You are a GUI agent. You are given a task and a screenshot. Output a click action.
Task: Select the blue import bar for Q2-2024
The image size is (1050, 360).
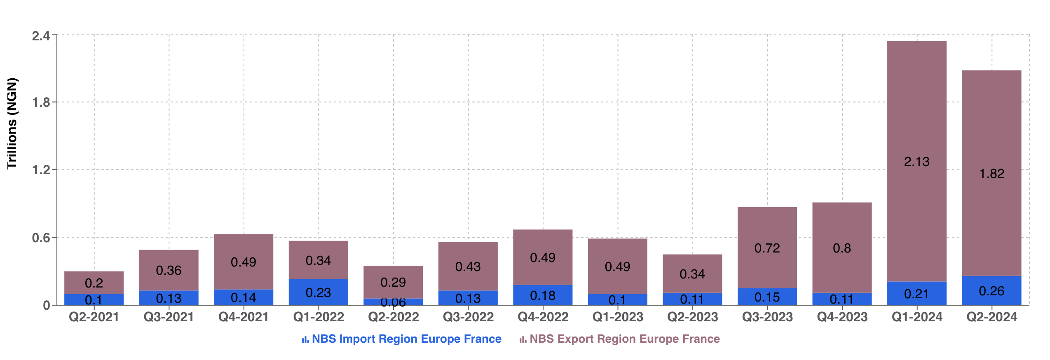tap(991, 291)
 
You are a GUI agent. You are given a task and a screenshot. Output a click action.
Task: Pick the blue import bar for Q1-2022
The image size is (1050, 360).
tap(318, 292)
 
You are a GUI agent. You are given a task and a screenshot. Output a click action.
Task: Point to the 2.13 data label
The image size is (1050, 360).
tap(916, 161)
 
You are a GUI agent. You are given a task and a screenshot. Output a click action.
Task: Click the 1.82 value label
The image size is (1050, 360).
tap(991, 173)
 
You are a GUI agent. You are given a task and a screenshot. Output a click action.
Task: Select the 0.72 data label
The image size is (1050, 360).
tap(767, 248)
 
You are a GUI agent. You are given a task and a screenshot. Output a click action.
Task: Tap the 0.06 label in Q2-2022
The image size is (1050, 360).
tap(393, 303)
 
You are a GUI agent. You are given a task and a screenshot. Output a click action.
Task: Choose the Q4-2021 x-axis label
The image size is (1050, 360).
tap(244, 317)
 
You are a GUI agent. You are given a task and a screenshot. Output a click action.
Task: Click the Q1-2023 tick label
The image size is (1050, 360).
tap(618, 317)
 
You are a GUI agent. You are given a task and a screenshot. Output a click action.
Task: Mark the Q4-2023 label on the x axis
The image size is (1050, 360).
tap(842, 317)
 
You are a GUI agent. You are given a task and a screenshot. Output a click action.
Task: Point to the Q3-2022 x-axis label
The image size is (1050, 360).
tap(468, 317)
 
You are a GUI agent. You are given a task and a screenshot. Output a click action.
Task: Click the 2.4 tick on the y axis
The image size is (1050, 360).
tap(41, 36)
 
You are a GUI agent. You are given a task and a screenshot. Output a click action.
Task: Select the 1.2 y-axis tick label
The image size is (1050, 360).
tap(41, 170)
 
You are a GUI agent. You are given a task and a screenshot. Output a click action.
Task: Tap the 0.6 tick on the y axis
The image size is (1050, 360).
tap(41, 238)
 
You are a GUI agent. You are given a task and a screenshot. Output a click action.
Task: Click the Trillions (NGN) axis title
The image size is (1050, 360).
tap(12, 123)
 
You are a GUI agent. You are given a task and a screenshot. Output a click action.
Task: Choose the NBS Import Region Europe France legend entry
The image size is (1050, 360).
tap(402, 339)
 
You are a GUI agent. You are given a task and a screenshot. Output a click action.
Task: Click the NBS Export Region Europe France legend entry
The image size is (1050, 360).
tap(620, 339)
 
